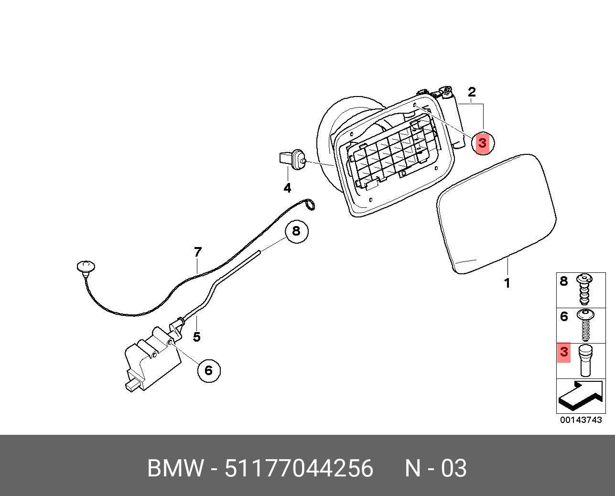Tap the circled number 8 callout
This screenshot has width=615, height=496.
[x=296, y=232]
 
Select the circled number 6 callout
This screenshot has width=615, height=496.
[x=209, y=370]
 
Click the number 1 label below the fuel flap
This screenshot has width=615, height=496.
[x=507, y=283]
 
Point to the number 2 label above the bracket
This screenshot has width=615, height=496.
[x=472, y=92]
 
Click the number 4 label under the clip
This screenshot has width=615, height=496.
[x=287, y=188]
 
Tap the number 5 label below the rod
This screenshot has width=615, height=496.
[x=197, y=337]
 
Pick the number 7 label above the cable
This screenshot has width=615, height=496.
[x=198, y=252]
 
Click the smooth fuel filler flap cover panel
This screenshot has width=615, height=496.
[x=497, y=213]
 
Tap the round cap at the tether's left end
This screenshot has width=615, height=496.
[x=86, y=267]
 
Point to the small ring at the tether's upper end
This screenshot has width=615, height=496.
[x=310, y=205]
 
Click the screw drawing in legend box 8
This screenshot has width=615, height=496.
[x=583, y=290]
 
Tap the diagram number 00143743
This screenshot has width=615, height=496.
[x=581, y=420]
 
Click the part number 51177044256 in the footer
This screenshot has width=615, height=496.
[x=299, y=468]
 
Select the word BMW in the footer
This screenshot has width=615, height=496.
[x=176, y=468]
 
